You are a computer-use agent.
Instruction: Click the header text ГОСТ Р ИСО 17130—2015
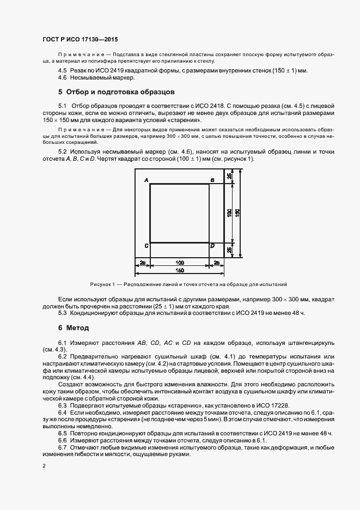pos(80,40)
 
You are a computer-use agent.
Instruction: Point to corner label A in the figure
pos(147,180)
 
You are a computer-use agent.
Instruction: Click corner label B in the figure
pos(212,180)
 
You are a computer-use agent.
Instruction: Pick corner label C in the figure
pos(147,246)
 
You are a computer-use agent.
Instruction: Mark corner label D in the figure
pos(212,246)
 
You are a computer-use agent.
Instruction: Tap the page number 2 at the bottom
pos(44,465)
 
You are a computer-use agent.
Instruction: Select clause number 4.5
pos(63,71)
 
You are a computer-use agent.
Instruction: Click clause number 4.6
pos(63,78)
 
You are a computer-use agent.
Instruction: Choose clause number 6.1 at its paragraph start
pos(63,342)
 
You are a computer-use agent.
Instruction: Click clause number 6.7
pos(63,447)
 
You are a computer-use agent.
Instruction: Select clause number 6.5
pos(63,433)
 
